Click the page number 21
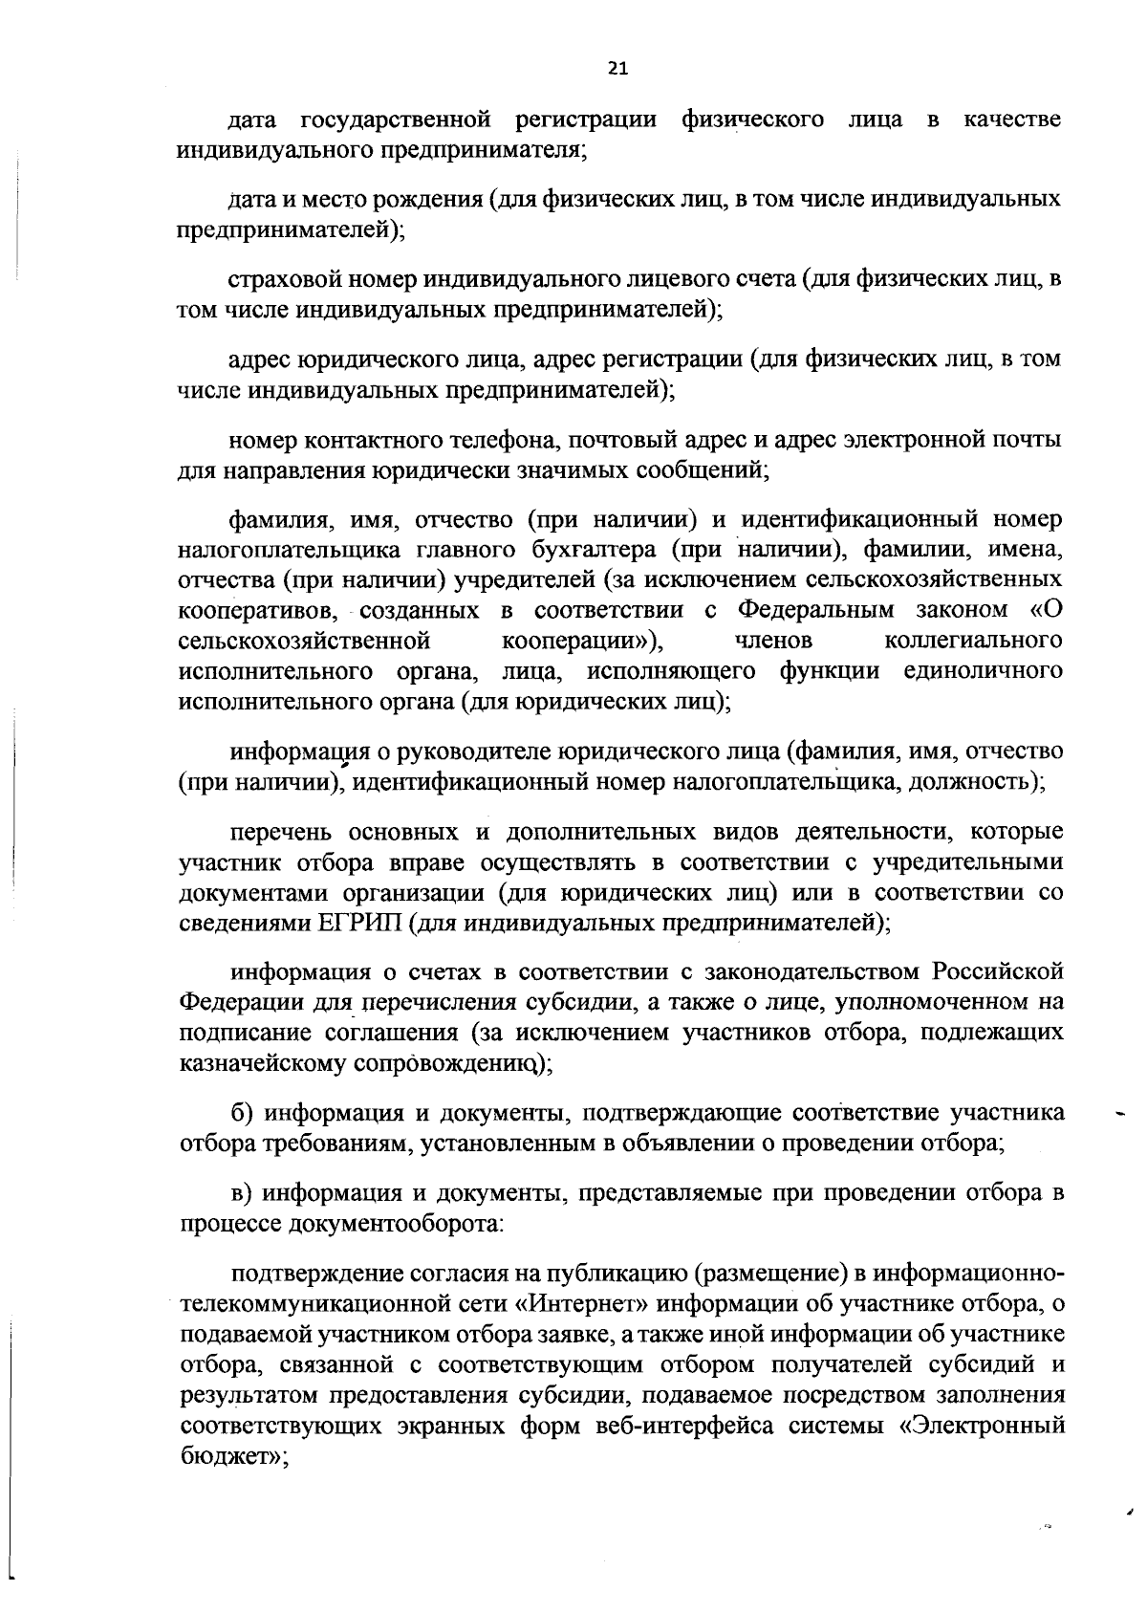point(617,68)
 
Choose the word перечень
point(275,831)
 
